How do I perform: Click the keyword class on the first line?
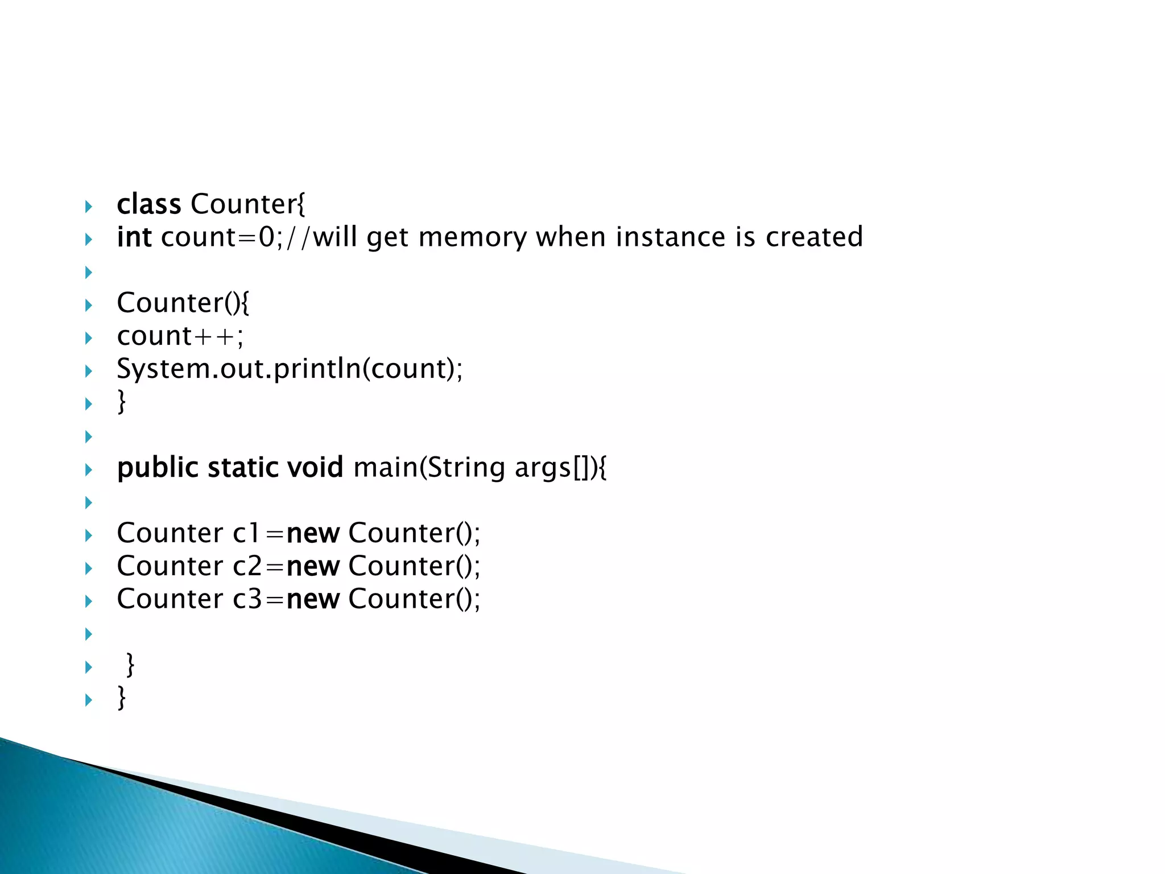148,204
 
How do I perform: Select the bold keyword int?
134,237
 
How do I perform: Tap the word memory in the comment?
472,237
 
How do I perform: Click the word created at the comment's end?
814,237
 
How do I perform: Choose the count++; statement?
180,336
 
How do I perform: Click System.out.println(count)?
290,369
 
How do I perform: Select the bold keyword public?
158,468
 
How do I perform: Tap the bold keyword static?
243,468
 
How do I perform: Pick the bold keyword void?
315,468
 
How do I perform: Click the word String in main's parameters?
466,468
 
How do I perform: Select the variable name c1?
246,534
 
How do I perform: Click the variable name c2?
247,567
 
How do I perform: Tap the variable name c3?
247,600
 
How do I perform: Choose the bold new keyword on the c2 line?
313,567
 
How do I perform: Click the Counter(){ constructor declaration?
183,303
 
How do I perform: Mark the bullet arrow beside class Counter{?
88,207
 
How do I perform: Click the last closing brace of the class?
121,698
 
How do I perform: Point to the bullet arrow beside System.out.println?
88,372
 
